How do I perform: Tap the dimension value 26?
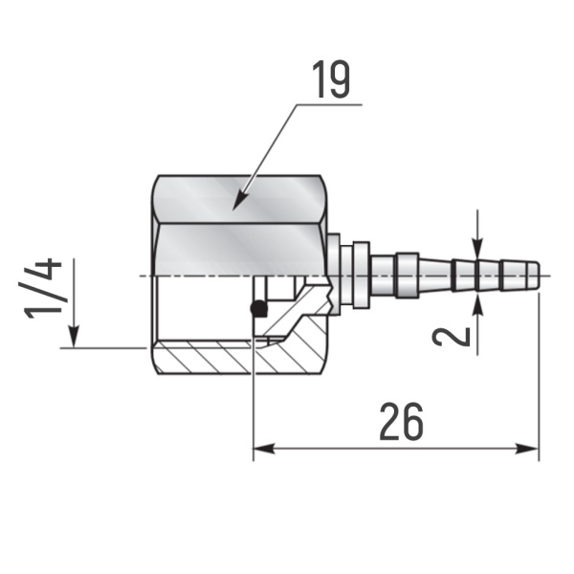coord(401,421)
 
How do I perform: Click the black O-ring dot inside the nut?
coord(256,308)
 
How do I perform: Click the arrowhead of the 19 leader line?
coord(239,204)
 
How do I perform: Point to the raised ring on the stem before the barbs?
coord(407,276)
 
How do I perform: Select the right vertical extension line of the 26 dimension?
coord(540,383)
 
